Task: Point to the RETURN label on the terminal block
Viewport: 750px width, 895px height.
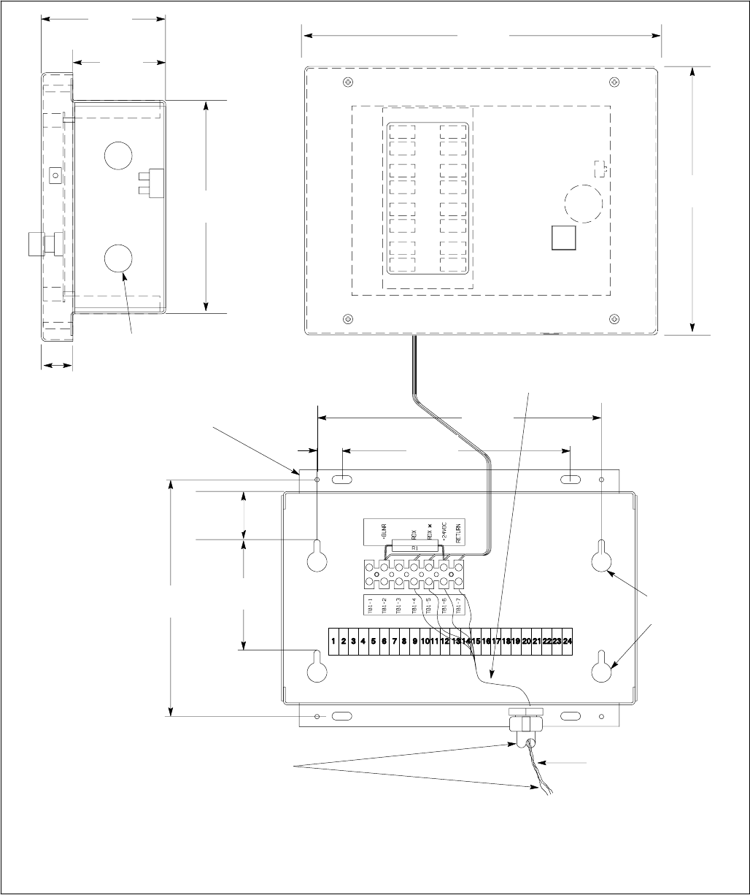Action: pos(459,534)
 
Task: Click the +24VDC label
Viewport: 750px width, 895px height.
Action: pos(444,534)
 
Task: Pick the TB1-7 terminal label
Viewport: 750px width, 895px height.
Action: pos(458,607)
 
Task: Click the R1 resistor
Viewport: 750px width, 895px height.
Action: pos(414,545)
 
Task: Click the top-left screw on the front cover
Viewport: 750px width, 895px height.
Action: pos(347,82)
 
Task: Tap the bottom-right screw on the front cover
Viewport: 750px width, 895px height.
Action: pos(616,318)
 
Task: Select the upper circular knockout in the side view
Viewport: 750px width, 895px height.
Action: pos(119,155)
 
